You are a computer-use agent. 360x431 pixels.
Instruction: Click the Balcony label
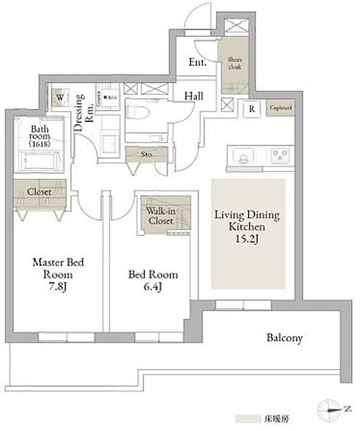pyautogui.click(x=285, y=337)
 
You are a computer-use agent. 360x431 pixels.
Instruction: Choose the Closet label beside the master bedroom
pyautogui.click(x=40, y=193)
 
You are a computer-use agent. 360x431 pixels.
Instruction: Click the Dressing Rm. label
pyautogui.click(x=85, y=109)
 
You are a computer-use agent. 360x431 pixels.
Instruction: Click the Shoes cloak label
pyautogui.click(x=235, y=62)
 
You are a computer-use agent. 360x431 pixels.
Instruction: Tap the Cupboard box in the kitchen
pyautogui.click(x=280, y=109)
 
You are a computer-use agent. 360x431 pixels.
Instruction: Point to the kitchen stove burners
pyautogui.click(x=278, y=154)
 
